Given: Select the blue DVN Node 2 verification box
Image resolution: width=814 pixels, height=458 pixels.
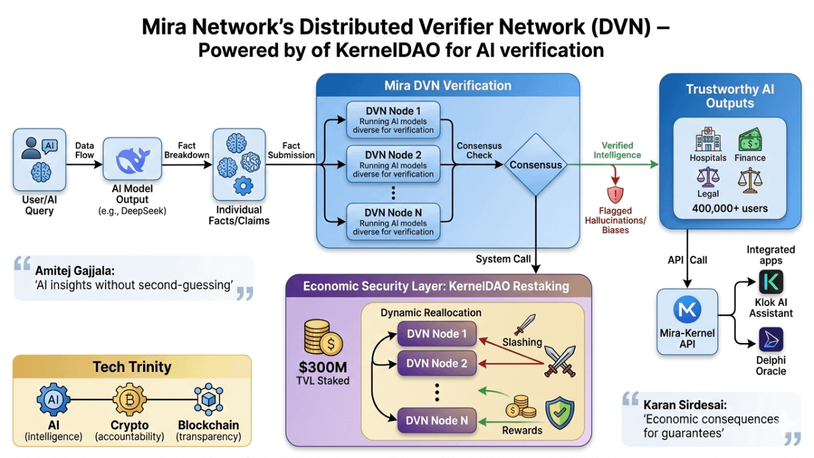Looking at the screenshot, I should pyautogui.click(x=393, y=164).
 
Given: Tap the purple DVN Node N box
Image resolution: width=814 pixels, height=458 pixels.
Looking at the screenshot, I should pyautogui.click(x=437, y=420).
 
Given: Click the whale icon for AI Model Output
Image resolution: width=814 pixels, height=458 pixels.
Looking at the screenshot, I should pyautogui.click(x=134, y=160).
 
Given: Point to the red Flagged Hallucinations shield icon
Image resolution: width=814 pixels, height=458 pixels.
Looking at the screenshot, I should pyautogui.click(x=614, y=195).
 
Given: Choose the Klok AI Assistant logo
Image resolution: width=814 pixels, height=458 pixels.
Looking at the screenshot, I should pyautogui.click(x=771, y=282).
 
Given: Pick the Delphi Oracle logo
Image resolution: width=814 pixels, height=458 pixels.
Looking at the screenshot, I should pyautogui.click(x=771, y=340).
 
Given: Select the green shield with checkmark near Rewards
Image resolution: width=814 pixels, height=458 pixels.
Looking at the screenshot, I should pyautogui.click(x=560, y=414).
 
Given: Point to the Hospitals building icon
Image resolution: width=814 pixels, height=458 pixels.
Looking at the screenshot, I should pyautogui.click(x=707, y=140).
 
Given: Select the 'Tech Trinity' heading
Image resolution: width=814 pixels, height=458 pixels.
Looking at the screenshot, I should pyautogui.click(x=132, y=366).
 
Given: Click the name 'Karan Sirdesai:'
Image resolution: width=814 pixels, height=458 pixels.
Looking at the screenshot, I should pyautogui.click(x=684, y=405).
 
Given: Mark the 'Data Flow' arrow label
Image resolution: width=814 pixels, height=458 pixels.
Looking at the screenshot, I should pyautogui.click(x=84, y=150).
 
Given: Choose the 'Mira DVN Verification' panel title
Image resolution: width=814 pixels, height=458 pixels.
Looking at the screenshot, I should pyautogui.click(x=448, y=85).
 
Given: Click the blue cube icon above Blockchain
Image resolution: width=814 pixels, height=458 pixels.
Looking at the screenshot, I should pyautogui.click(x=208, y=400).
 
